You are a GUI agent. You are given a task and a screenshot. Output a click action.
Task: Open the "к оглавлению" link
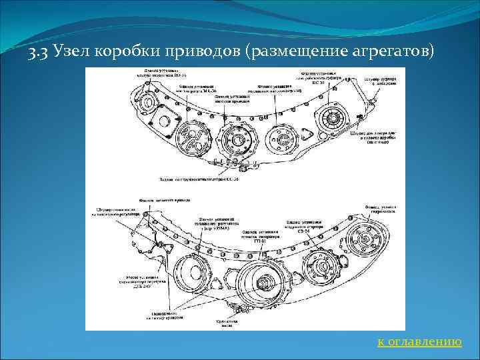[419, 342]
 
